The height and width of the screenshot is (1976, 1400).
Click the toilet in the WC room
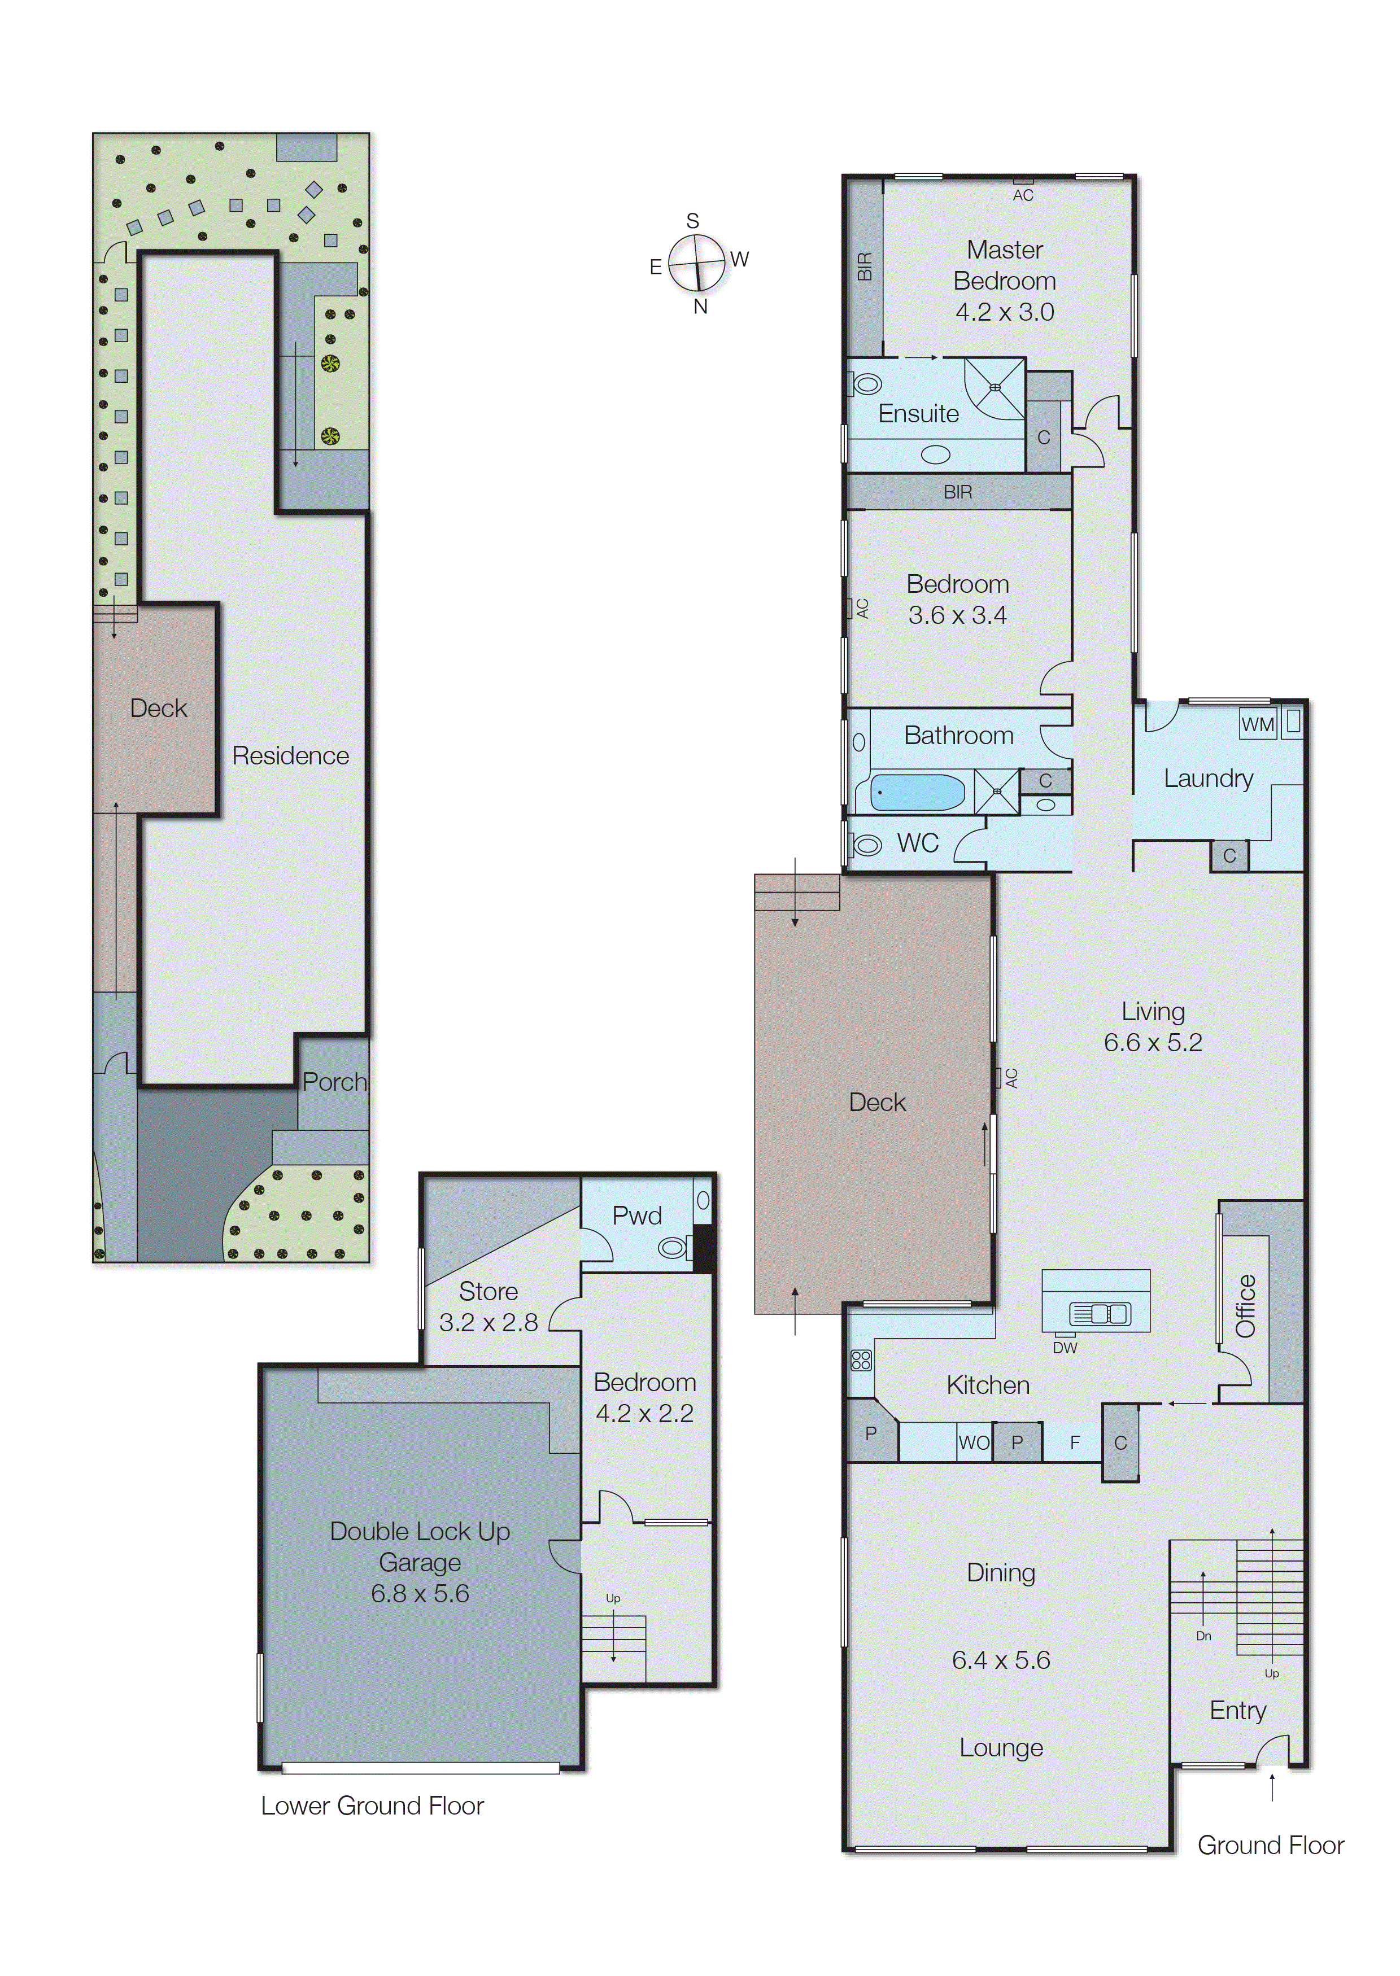click(x=866, y=845)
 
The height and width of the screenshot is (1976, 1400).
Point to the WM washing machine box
click(x=1257, y=724)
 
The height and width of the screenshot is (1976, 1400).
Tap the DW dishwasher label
click(x=1065, y=1348)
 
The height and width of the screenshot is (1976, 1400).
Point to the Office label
click(x=1246, y=1305)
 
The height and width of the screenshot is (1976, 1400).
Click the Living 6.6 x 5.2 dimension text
click(x=1153, y=1042)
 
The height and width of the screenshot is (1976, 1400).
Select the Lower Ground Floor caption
click(x=372, y=1805)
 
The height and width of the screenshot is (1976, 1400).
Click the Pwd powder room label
click(x=636, y=1216)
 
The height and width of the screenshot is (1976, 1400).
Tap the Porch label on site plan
click(x=334, y=1082)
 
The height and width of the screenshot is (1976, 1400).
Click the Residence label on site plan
click(x=290, y=756)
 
